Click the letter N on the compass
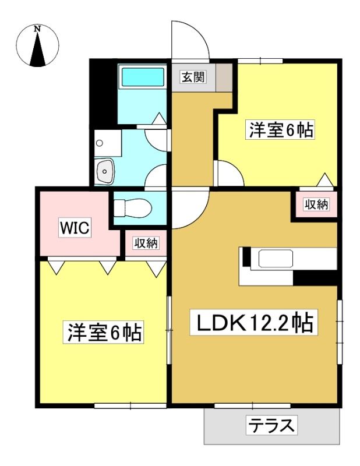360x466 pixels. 37,29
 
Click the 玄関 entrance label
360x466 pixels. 193,77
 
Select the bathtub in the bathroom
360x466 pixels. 143,77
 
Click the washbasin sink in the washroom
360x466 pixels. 104,171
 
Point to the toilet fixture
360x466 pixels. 133,207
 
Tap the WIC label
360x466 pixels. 75,228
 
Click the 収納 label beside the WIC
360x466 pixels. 146,243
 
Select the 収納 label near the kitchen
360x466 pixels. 316,204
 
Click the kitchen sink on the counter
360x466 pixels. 276,258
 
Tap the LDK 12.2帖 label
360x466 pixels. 253,323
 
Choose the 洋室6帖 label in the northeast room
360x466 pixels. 281,130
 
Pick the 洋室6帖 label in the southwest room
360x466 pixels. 104,332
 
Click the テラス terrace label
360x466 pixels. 271,425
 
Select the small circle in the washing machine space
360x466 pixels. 100,143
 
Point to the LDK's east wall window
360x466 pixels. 340,332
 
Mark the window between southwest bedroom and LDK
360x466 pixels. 169,330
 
